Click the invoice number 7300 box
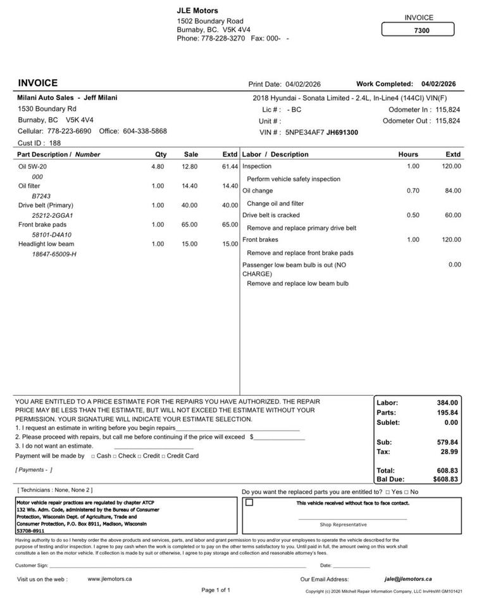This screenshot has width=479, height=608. point(418,30)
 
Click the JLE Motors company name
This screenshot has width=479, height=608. point(197,11)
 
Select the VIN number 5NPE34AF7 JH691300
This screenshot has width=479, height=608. point(321,132)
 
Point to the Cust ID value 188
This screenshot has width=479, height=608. point(55,143)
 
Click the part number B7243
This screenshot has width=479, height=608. point(42,196)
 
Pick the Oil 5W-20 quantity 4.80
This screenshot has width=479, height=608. point(158,167)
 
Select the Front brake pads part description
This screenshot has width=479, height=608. point(42,225)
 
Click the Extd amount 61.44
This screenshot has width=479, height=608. point(230,167)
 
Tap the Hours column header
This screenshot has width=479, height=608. point(408,155)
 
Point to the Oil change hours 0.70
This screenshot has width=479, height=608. point(413,191)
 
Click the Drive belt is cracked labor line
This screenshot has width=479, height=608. point(271,215)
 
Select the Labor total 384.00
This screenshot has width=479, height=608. point(447,403)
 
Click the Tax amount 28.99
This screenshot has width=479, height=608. point(449,452)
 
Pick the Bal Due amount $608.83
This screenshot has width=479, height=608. point(445,480)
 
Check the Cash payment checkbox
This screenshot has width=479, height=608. point(93,456)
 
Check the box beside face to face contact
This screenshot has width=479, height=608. point(249,503)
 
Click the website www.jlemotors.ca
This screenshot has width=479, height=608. point(109,579)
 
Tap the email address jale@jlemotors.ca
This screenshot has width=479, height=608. point(407,579)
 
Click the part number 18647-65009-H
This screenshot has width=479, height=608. point(54,254)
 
